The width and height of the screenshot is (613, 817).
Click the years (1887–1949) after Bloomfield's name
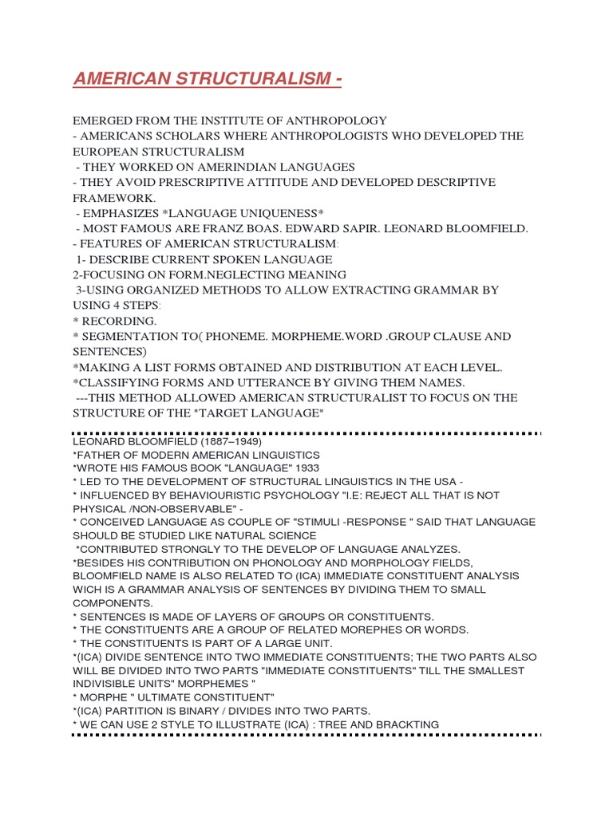point(219,441)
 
